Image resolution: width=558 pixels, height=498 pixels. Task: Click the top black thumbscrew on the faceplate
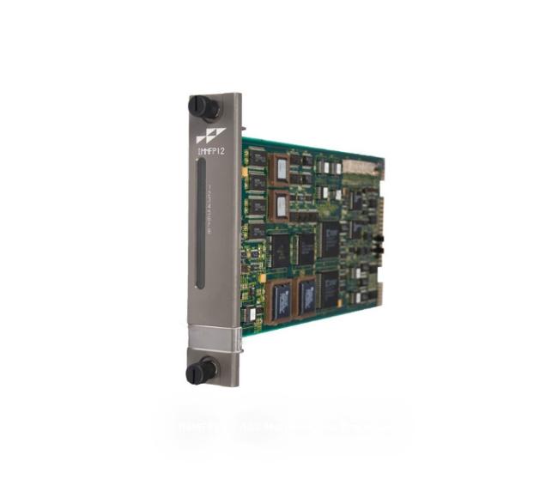click(203, 107)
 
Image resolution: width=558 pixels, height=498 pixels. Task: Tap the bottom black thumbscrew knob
click(202, 371)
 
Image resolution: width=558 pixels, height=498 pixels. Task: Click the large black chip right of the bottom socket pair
click(330, 288)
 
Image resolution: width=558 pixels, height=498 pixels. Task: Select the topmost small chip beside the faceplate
click(256, 158)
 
